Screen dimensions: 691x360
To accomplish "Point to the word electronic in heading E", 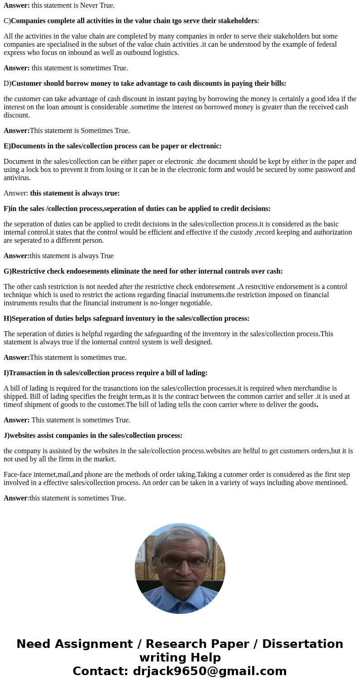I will pyautogui.click(x=204, y=146).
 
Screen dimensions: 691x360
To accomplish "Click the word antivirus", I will pyautogui.click(x=17, y=178).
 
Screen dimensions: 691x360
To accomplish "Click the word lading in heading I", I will pyautogui.click(x=195, y=373).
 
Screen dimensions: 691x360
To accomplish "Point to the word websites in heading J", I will pyautogui.click(x=24, y=436).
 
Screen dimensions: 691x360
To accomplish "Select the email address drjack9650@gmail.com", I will pyautogui.click(x=210, y=671).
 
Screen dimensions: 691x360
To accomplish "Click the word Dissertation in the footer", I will pyautogui.click(x=302, y=644).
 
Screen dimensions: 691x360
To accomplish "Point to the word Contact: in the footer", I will pyautogui.click(x=101, y=671).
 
